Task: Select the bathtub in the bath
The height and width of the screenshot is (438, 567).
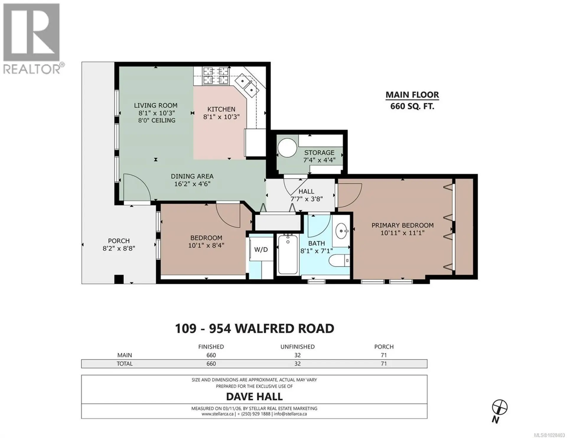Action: click(288, 254)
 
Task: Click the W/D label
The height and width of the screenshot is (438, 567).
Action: click(261, 250)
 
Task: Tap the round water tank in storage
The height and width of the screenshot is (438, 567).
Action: click(287, 148)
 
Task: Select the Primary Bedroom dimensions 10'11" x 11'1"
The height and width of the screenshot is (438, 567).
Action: click(402, 233)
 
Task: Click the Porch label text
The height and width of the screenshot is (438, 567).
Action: click(119, 241)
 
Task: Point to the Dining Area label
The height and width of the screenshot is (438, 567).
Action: click(192, 176)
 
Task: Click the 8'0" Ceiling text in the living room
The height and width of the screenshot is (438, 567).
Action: click(157, 120)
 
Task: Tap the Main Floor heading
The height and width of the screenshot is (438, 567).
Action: click(412, 95)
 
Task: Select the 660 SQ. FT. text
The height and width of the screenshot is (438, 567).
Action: click(412, 106)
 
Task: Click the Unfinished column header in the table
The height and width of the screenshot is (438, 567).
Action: click(297, 347)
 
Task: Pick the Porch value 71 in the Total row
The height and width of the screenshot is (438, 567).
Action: click(383, 364)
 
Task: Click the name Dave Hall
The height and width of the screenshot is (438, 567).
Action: click(254, 397)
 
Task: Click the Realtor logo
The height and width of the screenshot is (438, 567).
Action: click(32, 38)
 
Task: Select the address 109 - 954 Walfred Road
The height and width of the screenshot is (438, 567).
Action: click(254, 328)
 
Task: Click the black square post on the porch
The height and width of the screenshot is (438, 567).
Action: click(119, 279)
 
